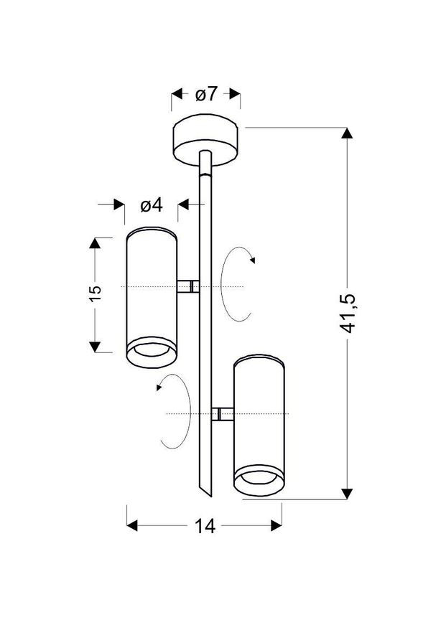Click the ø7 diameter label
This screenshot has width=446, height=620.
(206, 94)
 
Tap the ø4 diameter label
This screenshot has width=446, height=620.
(151, 205)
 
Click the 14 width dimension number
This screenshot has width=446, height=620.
(205, 526)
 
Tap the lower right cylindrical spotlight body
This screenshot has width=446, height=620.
(259, 416)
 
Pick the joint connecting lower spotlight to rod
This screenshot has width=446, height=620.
(222, 414)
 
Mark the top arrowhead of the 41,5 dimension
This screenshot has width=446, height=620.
(348, 133)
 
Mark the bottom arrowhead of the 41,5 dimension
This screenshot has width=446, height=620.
(348, 493)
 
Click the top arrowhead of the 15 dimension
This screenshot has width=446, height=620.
(96, 242)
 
